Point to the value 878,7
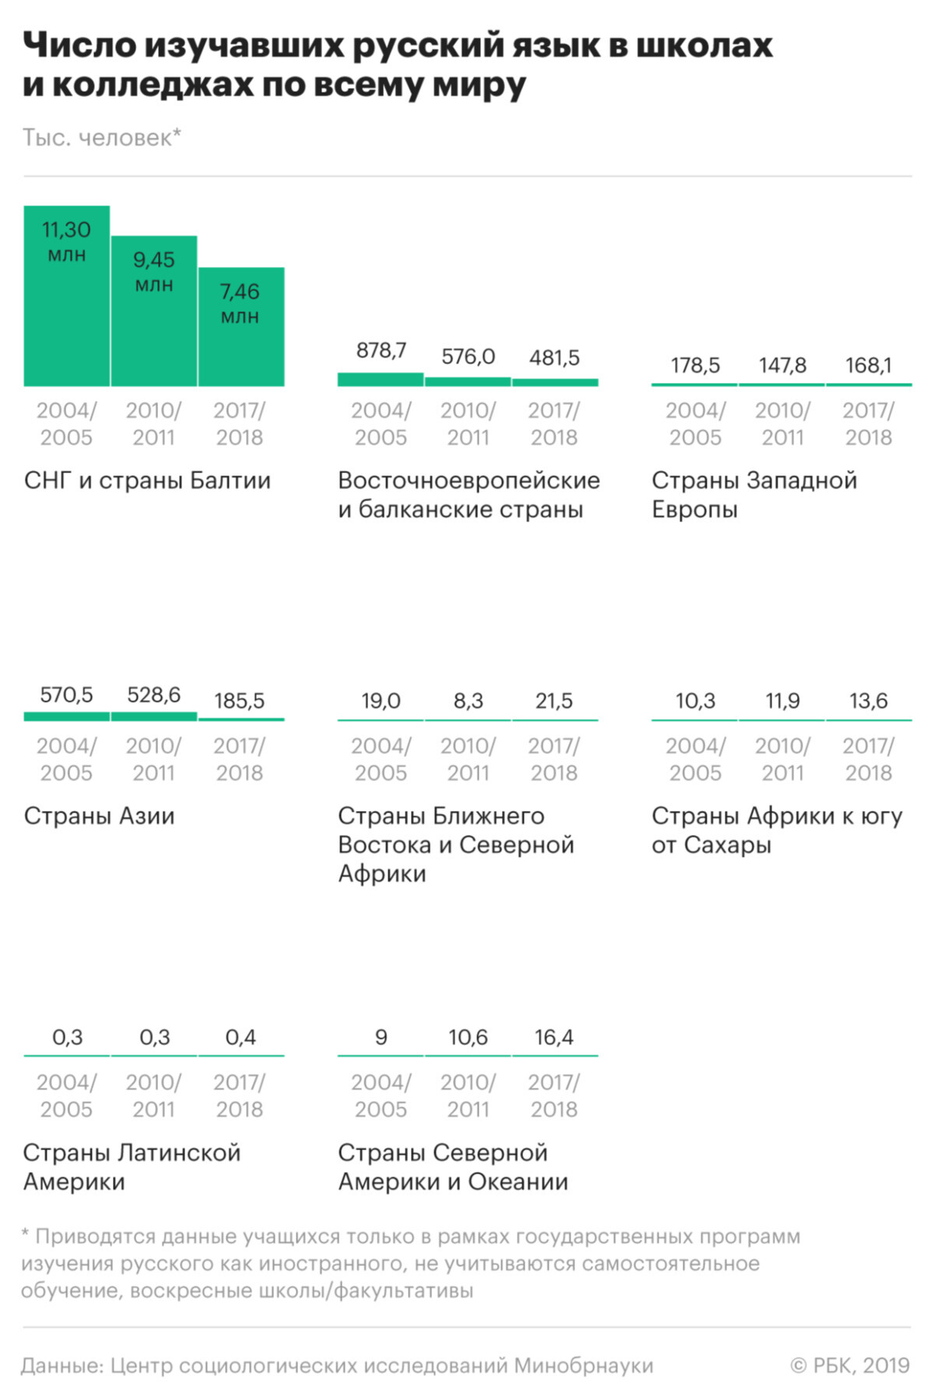pos(381,351)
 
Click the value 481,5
pos(554,358)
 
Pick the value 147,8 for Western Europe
pos(782,366)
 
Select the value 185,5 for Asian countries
pos(240,701)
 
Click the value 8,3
pos(468,701)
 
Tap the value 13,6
pos(869,701)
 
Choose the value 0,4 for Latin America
pos(241,1037)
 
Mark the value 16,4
pos(554,1037)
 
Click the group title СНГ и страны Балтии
pos(147,481)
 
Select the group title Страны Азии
pos(99,816)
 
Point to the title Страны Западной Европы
pos(753,495)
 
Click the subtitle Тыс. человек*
pos(101,138)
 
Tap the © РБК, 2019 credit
pos(850,1365)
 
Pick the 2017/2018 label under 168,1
pos(869,424)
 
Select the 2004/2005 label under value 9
pos(381,1096)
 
